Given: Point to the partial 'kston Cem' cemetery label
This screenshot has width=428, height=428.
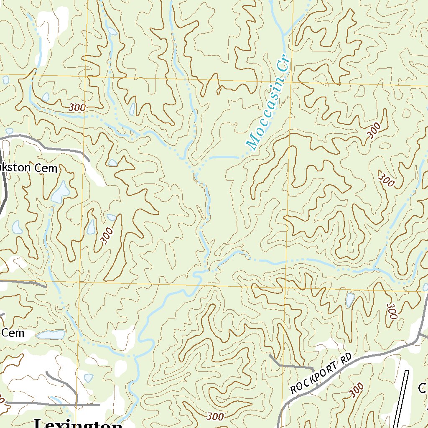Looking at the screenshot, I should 28,168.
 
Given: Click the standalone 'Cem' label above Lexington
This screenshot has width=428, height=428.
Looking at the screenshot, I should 13,333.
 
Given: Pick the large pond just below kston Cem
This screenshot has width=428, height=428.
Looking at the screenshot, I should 61,191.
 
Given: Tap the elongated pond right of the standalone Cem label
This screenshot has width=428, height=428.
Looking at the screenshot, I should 51,335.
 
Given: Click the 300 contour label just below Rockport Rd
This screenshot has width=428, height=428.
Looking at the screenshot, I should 356,390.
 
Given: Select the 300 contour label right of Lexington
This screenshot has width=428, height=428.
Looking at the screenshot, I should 215,416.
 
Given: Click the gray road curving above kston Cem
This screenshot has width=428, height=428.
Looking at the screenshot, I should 46,144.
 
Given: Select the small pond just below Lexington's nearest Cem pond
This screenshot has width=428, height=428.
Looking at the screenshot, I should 89,378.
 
